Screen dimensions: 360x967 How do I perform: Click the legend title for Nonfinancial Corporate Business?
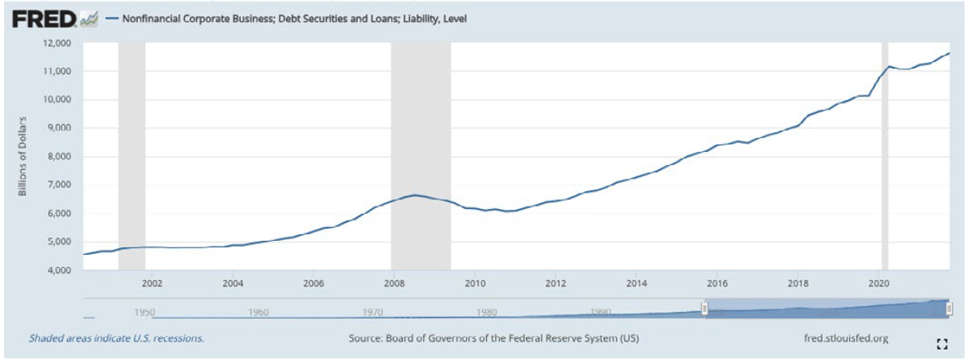[x=294, y=18]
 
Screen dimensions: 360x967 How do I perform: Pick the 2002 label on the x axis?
[x=152, y=283]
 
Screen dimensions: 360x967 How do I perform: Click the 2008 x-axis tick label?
[x=394, y=283]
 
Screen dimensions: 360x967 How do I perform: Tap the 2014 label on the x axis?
[x=635, y=283]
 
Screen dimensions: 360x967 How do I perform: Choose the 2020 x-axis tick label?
[x=877, y=283]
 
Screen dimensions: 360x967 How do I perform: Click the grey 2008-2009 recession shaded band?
[x=421, y=155]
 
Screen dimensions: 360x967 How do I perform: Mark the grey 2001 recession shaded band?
[x=131, y=155]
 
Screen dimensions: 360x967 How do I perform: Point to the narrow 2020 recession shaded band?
[x=885, y=155]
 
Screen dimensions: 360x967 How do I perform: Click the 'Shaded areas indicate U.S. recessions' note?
[x=117, y=337]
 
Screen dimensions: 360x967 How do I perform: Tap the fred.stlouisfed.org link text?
[x=846, y=337]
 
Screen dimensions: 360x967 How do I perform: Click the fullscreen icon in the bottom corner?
[x=941, y=344]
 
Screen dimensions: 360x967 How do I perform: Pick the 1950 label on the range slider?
[x=145, y=312]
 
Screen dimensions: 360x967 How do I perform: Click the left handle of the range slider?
[x=704, y=308]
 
